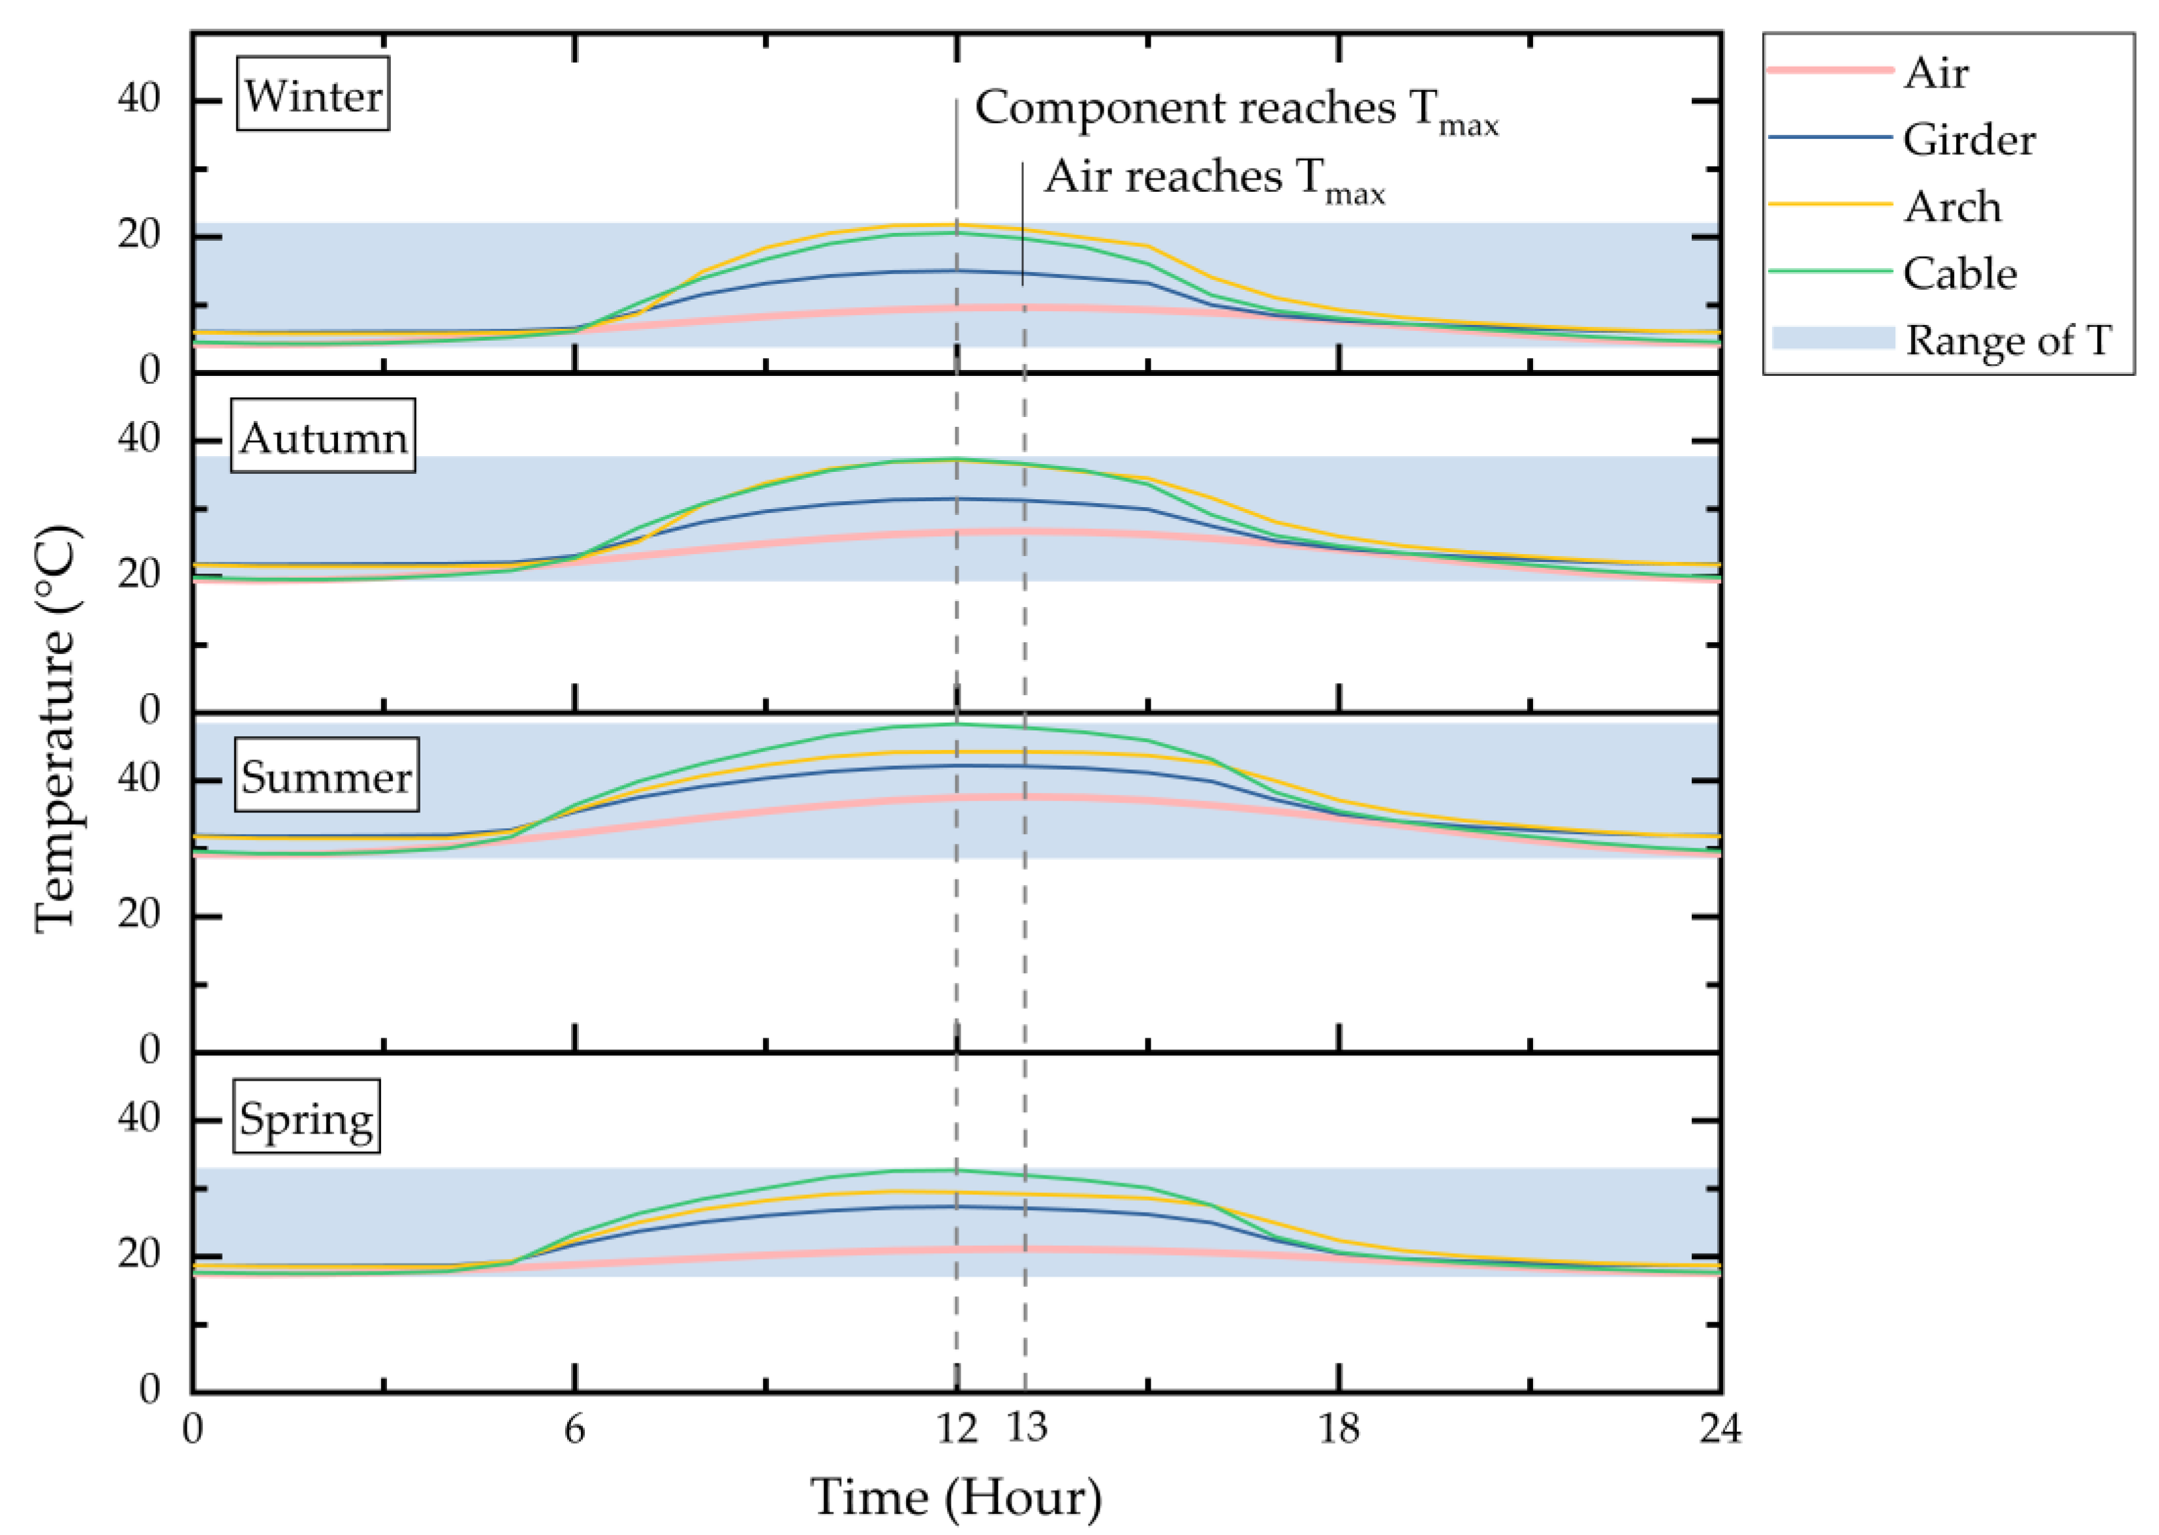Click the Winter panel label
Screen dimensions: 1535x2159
pyautogui.click(x=312, y=95)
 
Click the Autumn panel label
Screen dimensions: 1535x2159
pyautogui.click(x=322, y=436)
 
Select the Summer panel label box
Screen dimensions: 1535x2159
pyautogui.click(x=326, y=775)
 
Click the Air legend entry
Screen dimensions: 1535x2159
pyautogui.click(x=1935, y=73)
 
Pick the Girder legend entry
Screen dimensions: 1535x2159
pyautogui.click(x=1968, y=140)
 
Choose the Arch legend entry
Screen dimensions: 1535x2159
pyautogui.click(x=1952, y=206)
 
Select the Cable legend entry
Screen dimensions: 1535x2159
pyautogui.click(x=1959, y=273)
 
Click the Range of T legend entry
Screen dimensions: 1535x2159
pyautogui.click(x=2007, y=339)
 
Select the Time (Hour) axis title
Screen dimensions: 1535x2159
pyautogui.click(x=955, y=1496)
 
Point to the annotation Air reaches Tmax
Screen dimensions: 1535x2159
pyautogui.click(x=1214, y=178)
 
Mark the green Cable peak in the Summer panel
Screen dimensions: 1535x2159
pyautogui.click(x=957, y=724)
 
